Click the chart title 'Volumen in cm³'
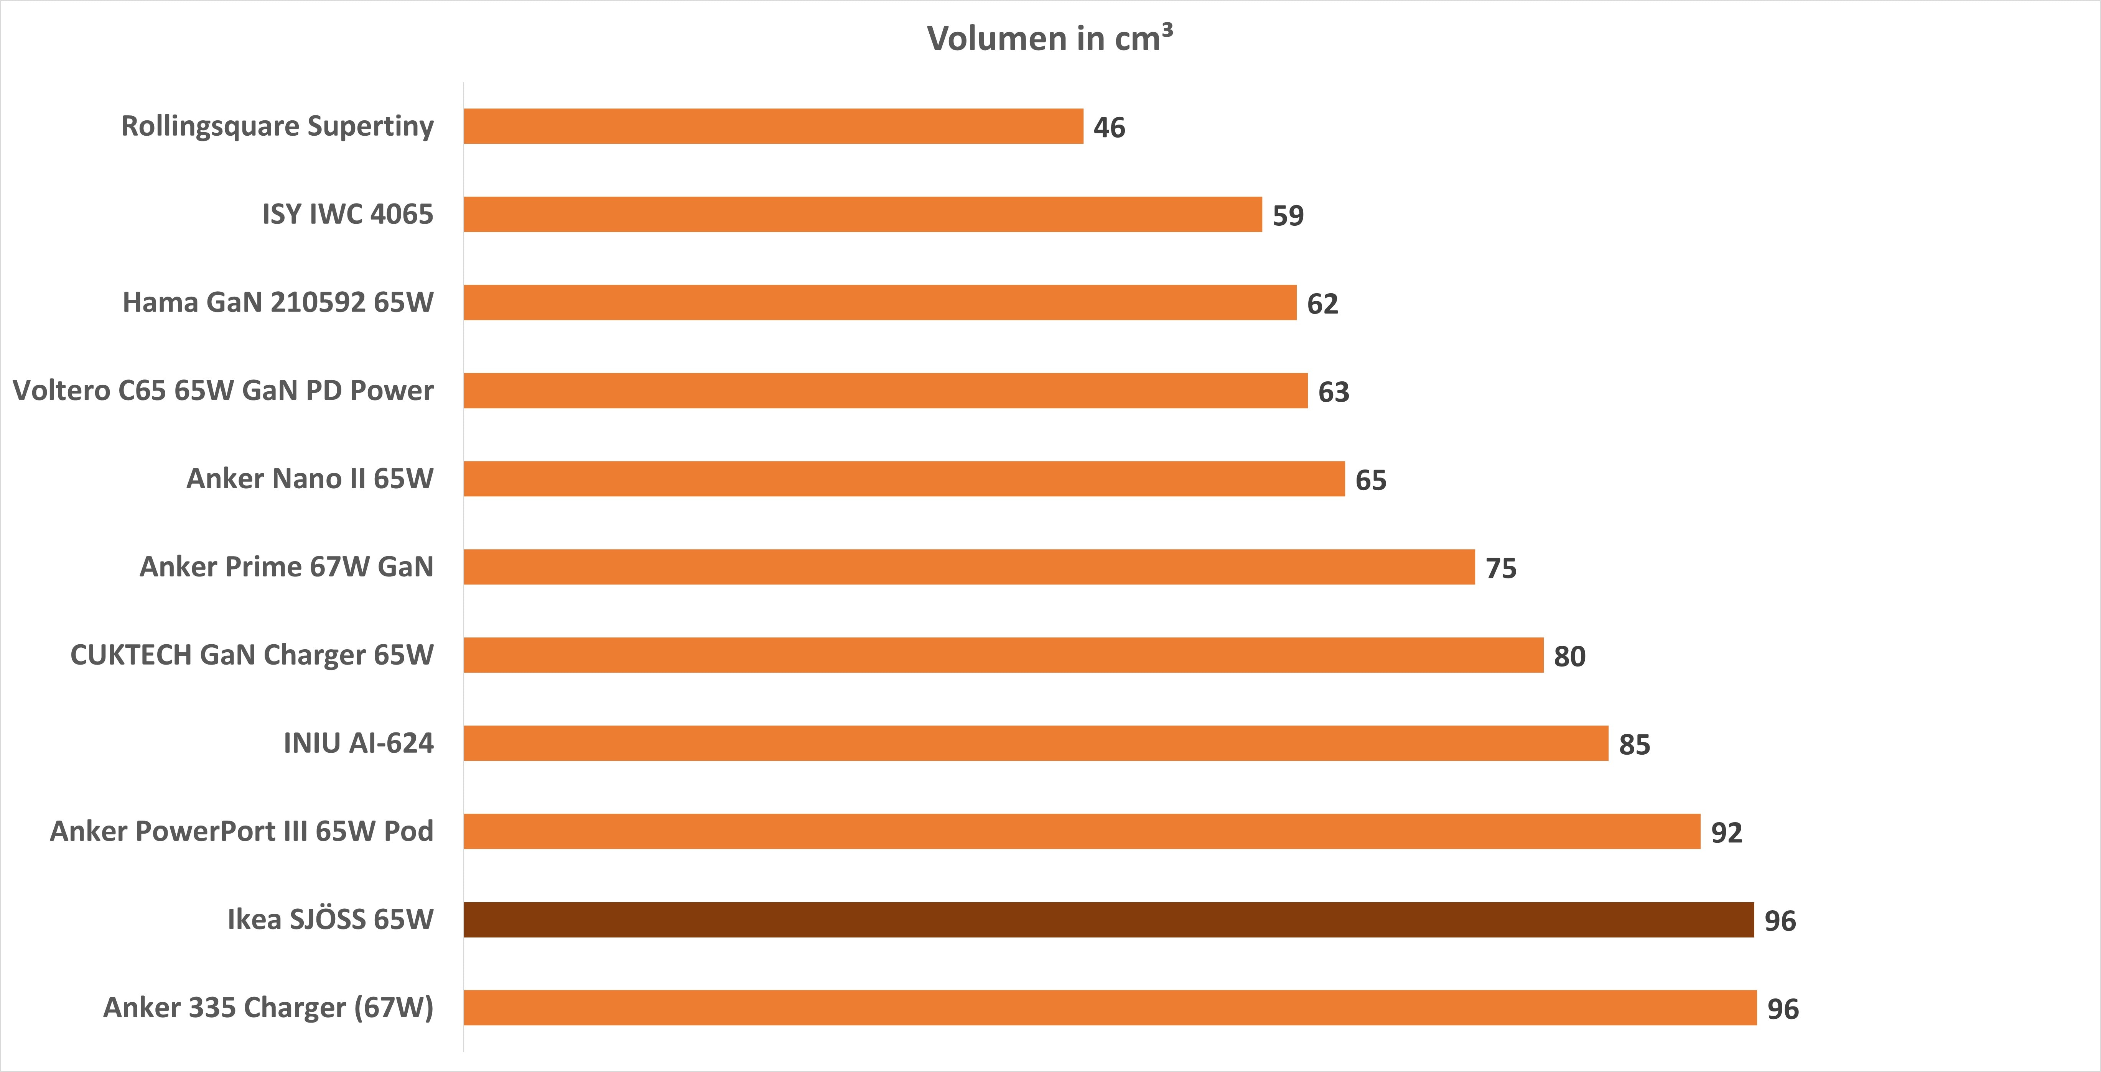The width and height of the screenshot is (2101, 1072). tap(1050, 38)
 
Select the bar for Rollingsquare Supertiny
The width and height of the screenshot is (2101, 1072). tap(773, 126)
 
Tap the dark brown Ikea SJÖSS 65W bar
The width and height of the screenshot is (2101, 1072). tap(1108, 919)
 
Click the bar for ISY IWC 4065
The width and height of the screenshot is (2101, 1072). tap(863, 214)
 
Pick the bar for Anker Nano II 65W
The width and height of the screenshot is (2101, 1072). tap(904, 479)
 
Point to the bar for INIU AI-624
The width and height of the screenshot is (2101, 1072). tap(1036, 744)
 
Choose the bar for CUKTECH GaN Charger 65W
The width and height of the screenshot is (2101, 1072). tap(1003, 655)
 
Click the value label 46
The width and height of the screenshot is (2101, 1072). tap(1109, 128)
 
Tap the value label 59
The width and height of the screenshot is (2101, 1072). tap(1288, 216)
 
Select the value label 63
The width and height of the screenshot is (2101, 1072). tap(1334, 392)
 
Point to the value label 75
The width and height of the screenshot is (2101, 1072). tap(1501, 568)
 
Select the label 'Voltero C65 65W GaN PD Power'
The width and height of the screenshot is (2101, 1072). tap(223, 391)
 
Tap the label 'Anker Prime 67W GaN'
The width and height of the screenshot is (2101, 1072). tap(286, 566)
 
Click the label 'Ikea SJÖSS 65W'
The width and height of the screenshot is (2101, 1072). tap(330, 919)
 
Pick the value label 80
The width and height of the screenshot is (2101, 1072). tap(1569, 656)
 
